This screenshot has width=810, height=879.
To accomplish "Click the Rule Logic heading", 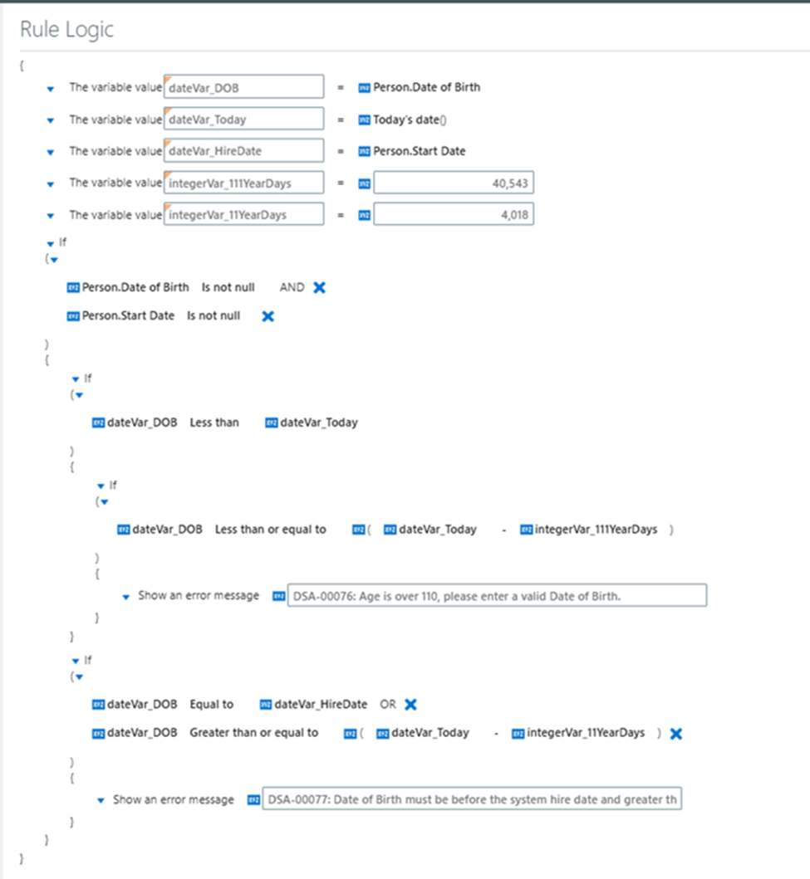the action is [66, 29].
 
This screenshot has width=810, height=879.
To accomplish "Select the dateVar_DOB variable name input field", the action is [243, 87].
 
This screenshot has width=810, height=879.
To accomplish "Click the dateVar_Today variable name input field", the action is [243, 119].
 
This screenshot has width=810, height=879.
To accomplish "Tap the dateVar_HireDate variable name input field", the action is [243, 151].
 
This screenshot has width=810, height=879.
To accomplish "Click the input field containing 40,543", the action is [454, 183].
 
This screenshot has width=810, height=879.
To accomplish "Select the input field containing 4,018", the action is [454, 215].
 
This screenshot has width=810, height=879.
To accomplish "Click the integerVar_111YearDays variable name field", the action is [243, 183].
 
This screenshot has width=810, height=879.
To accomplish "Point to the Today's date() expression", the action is [410, 120].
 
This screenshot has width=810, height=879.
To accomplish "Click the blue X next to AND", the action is [319, 287].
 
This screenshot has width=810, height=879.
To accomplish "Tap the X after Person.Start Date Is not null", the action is [268, 316].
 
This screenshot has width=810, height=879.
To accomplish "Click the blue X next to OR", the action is [410, 705].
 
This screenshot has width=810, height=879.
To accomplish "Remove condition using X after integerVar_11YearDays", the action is [676, 733].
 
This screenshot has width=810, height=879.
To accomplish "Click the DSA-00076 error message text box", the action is [497, 595].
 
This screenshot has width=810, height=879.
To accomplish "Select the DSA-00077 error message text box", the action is [472, 798].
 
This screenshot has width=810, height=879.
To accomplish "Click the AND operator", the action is [292, 287].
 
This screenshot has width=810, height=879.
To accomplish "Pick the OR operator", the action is [388, 704].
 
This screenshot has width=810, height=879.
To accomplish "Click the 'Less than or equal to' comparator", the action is [270, 530].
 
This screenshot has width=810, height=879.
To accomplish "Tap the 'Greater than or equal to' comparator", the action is [253, 733].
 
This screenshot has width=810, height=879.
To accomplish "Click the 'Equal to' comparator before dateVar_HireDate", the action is [212, 704].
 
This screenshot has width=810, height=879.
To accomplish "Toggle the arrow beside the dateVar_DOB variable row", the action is [51, 89].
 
